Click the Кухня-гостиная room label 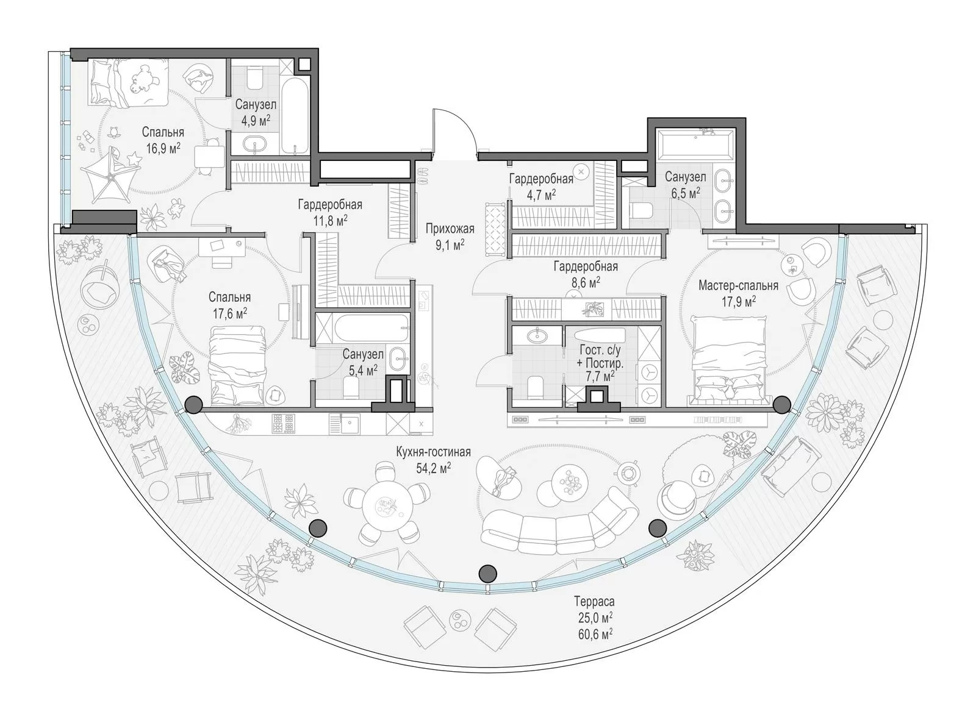pyautogui.click(x=433, y=452)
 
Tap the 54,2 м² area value pyautogui.click(x=434, y=468)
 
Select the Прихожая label pyautogui.click(x=450, y=229)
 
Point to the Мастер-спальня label pyautogui.click(x=738, y=285)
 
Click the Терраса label pyautogui.click(x=594, y=601)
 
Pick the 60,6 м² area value pyautogui.click(x=596, y=633)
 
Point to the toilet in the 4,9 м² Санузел pyautogui.click(x=254, y=79)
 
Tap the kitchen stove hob pyautogui.click(x=282, y=424)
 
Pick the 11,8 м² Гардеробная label pyautogui.click(x=330, y=212)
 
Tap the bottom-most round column pyautogui.click(x=487, y=574)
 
